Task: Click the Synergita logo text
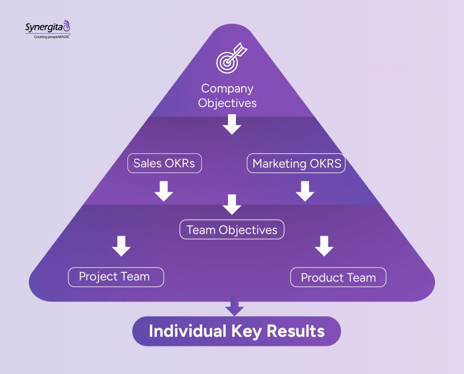pos(44,28)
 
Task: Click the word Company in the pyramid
pos(227,88)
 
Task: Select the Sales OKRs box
pos(164,163)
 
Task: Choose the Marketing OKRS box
pos(296,163)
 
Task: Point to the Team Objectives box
pos(232,229)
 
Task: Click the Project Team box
pos(116,277)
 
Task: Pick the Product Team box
pos(338,277)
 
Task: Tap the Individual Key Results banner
pos(236,331)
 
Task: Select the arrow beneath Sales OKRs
pos(164,191)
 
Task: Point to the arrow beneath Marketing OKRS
pos(305,191)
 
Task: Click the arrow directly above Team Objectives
pos(232,204)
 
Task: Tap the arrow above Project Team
pos(121,246)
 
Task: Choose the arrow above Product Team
pos(324,246)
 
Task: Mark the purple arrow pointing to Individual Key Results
pos(234,306)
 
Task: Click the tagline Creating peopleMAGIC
pos(52,37)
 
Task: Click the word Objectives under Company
pos(227,103)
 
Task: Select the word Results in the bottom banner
pos(295,331)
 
